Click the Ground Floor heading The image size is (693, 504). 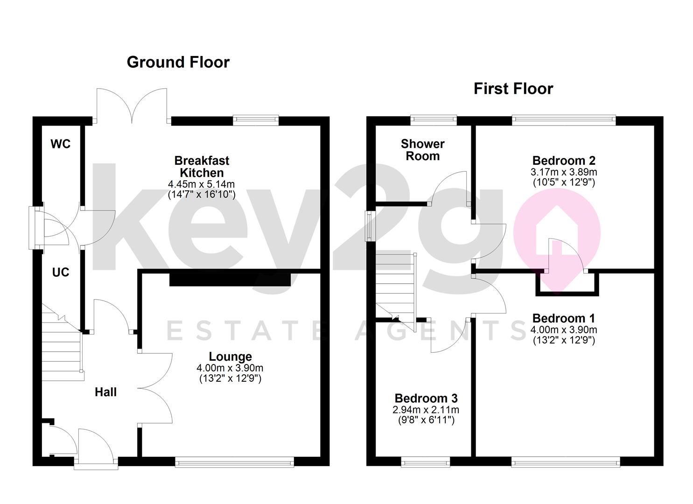(x=178, y=63)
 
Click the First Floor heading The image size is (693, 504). (x=513, y=89)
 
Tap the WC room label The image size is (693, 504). (x=61, y=144)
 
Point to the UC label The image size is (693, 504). (x=61, y=272)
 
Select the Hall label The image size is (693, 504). (x=106, y=392)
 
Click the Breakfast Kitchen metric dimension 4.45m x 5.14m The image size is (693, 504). (x=202, y=184)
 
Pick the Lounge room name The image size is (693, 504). (x=231, y=357)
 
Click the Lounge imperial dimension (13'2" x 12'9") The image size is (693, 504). (x=231, y=378)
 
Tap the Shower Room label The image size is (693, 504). (x=423, y=150)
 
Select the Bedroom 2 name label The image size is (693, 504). (x=564, y=161)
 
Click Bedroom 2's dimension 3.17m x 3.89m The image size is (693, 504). (x=564, y=172)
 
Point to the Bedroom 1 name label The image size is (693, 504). (x=564, y=318)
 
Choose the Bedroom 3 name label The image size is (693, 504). (x=426, y=398)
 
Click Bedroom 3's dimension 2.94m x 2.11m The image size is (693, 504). (x=426, y=410)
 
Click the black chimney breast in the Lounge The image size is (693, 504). (x=230, y=280)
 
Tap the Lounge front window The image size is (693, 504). (x=235, y=463)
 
